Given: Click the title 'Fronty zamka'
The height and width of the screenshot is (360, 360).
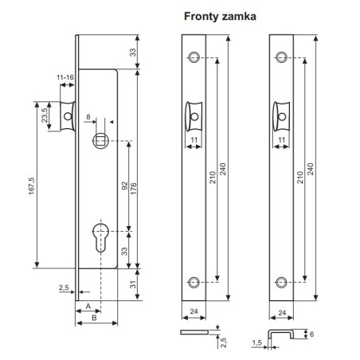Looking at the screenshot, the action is (x=220, y=17).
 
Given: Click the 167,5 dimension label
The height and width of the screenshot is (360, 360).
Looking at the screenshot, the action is (x=32, y=186).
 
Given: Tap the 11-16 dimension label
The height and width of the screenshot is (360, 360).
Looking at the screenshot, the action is (x=65, y=77).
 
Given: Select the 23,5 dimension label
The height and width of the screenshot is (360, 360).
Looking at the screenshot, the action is (x=45, y=115).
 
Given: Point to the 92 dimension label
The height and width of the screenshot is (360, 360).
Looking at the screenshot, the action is (x=124, y=186).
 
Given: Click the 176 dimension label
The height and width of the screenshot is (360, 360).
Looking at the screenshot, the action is (x=134, y=188).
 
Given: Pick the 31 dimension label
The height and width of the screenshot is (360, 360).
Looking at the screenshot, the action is (x=133, y=284).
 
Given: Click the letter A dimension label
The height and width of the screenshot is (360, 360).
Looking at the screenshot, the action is (x=88, y=306).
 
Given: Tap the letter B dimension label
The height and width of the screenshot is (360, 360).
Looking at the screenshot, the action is (x=94, y=318).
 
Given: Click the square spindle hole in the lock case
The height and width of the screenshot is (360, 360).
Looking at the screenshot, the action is (x=100, y=140).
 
